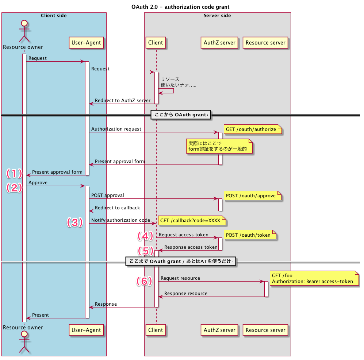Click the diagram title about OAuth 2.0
click(x=180, y=7)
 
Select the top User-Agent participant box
click(x=86, y=43)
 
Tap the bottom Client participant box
click(x=156, y=330)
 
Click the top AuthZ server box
click(x=219, y=43)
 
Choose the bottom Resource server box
click(x=265, y=330)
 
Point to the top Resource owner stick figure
click(x=24, y=31)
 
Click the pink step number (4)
click(x=145, y=236)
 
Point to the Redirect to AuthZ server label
click(x=123, y=101)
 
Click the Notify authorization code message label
click(x=120, y=220)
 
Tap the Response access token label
click(x=191, y=247)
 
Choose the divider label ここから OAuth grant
click(x=180, y=115)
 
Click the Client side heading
click(x=54, y=16)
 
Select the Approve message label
click(x=38, y=183)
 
